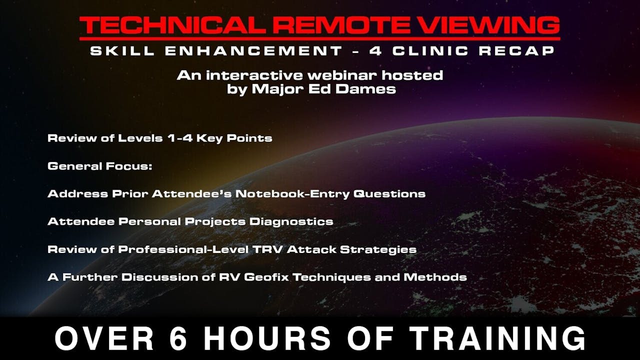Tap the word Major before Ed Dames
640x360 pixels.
(280, 90)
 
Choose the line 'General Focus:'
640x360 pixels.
(100, 166)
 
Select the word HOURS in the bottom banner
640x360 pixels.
(265, 338)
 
